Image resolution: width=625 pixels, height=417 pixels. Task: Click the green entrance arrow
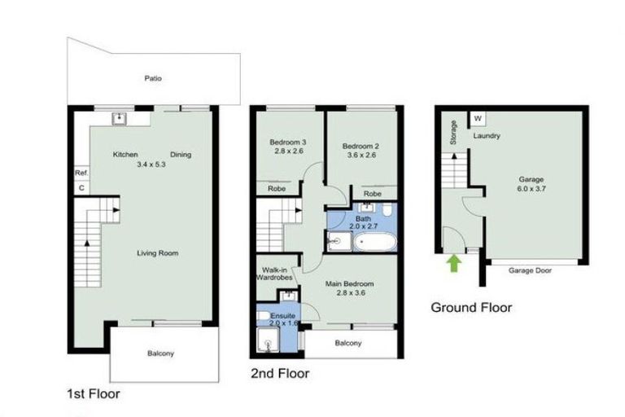(x=453, y=262)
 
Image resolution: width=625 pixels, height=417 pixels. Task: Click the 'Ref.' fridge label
(x=81, y=173)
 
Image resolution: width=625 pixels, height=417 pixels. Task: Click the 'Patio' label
(x=154, y=79)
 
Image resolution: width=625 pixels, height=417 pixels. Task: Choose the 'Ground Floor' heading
(x=471, y=308)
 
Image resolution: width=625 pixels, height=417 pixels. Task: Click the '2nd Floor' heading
(x=279, y=374)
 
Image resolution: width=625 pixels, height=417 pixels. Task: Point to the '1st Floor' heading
(x=94, y=393)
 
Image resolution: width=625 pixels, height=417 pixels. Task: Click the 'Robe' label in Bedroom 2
(x=373, y=194)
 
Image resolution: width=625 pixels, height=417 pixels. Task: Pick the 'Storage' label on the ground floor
(x=453, y=134)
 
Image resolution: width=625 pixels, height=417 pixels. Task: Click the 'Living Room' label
(x=158, y=253)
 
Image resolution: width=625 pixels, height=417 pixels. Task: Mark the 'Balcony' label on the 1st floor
(x=161, y=353)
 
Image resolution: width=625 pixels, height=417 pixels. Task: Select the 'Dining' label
(x=181, y=155)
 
